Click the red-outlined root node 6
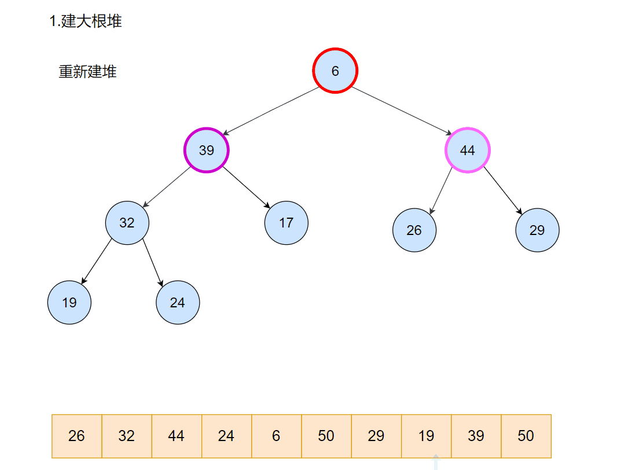point(335,71)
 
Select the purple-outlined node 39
point(207,150)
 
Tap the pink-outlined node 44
point(467,150)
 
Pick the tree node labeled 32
point(127,223)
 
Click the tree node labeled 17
point(287,223)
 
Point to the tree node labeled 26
point(414,230)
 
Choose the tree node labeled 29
point(537,230)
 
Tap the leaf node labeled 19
point(69,303)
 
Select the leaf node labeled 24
point(178,303)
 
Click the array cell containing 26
point(76,436)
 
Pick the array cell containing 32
point(127,436)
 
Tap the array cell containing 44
point(177,436)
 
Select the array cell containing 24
point(226,436)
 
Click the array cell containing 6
point(276,436)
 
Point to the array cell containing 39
point(476,436)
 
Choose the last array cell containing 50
point(526,436)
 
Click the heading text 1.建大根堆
point(86,22)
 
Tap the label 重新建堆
point(87,72)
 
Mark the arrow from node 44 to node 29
point(503,190)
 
